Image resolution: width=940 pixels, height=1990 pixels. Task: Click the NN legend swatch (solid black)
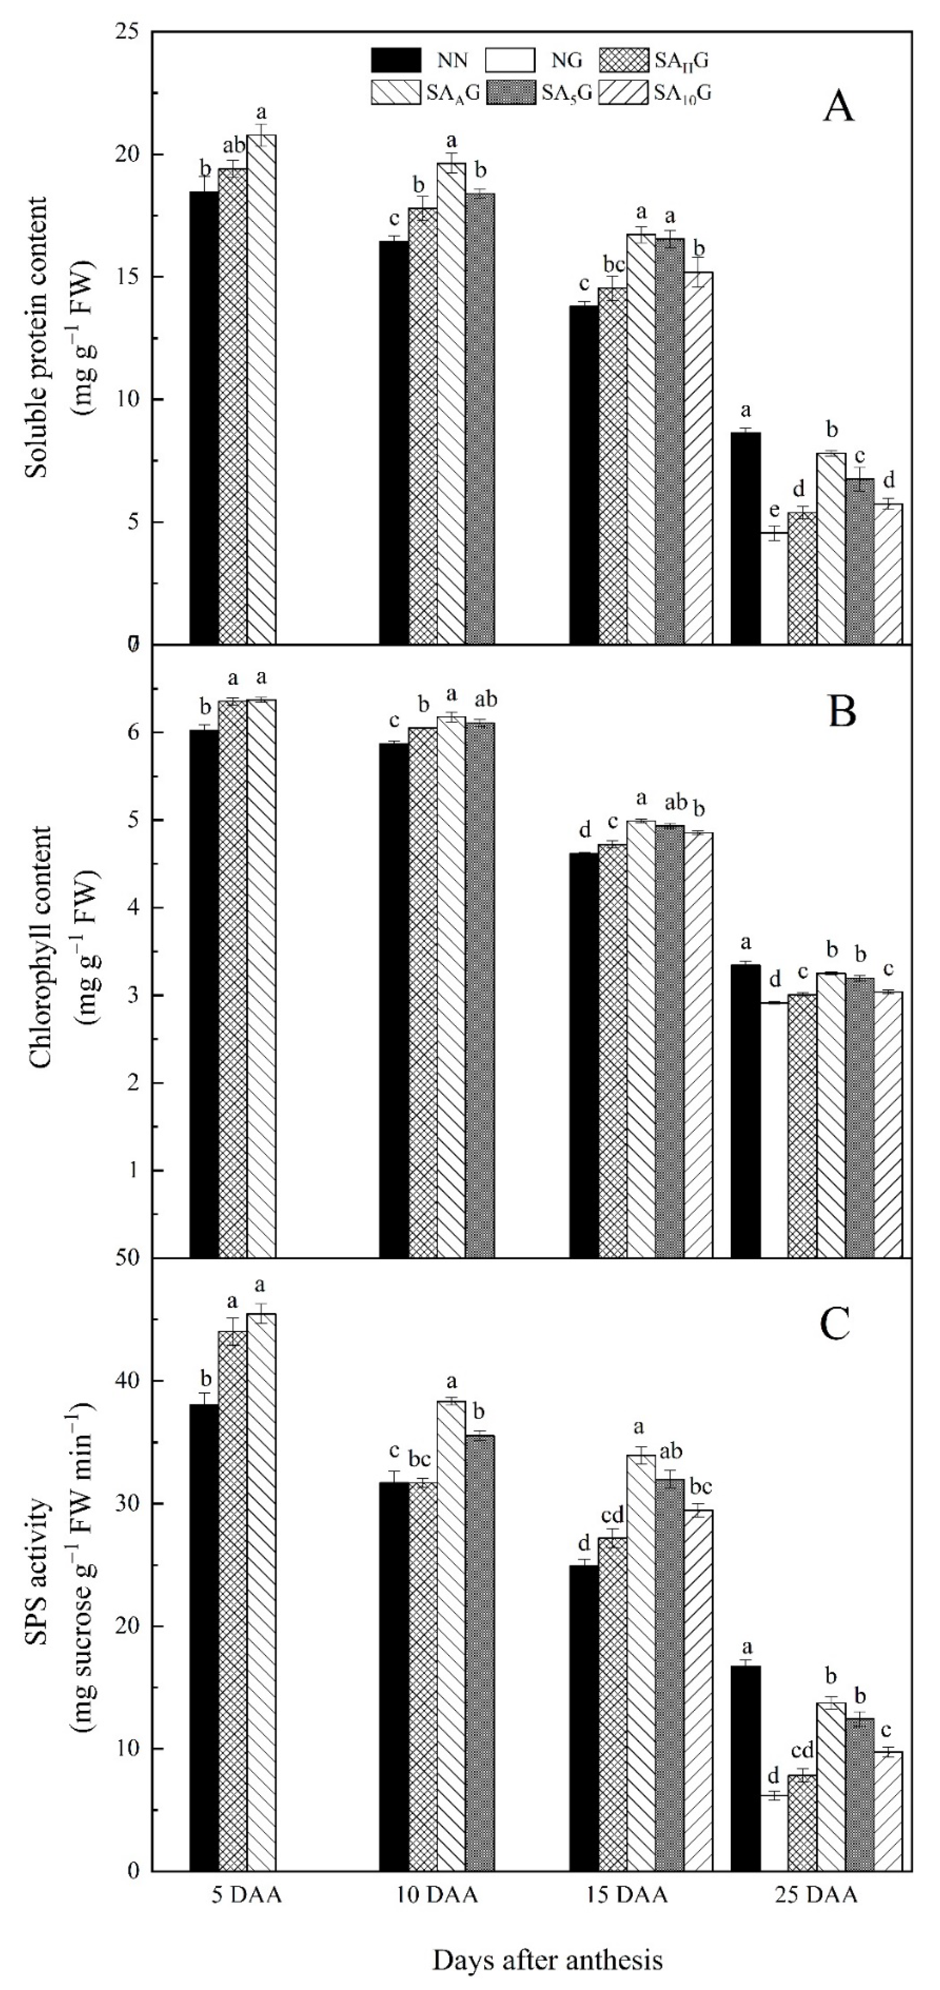click(x=396, y=59)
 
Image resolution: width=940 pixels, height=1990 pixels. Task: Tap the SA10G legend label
click(x=682, y=94)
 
